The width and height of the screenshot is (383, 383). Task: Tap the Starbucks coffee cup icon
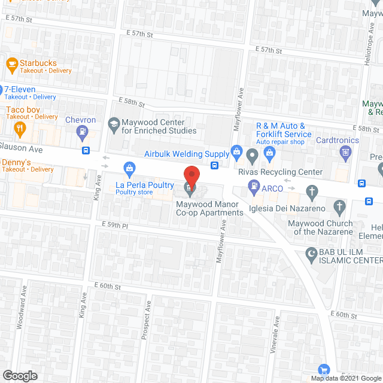pos(11,63)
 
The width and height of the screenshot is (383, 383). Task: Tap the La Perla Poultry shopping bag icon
pos(128,168)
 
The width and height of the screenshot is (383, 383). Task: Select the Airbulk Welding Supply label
pos(187,154)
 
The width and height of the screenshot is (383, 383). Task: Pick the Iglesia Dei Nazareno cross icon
pos(311,191)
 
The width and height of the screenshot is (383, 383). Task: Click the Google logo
pos(20,376)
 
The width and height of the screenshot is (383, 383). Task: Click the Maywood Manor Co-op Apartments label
pos(209,208)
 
